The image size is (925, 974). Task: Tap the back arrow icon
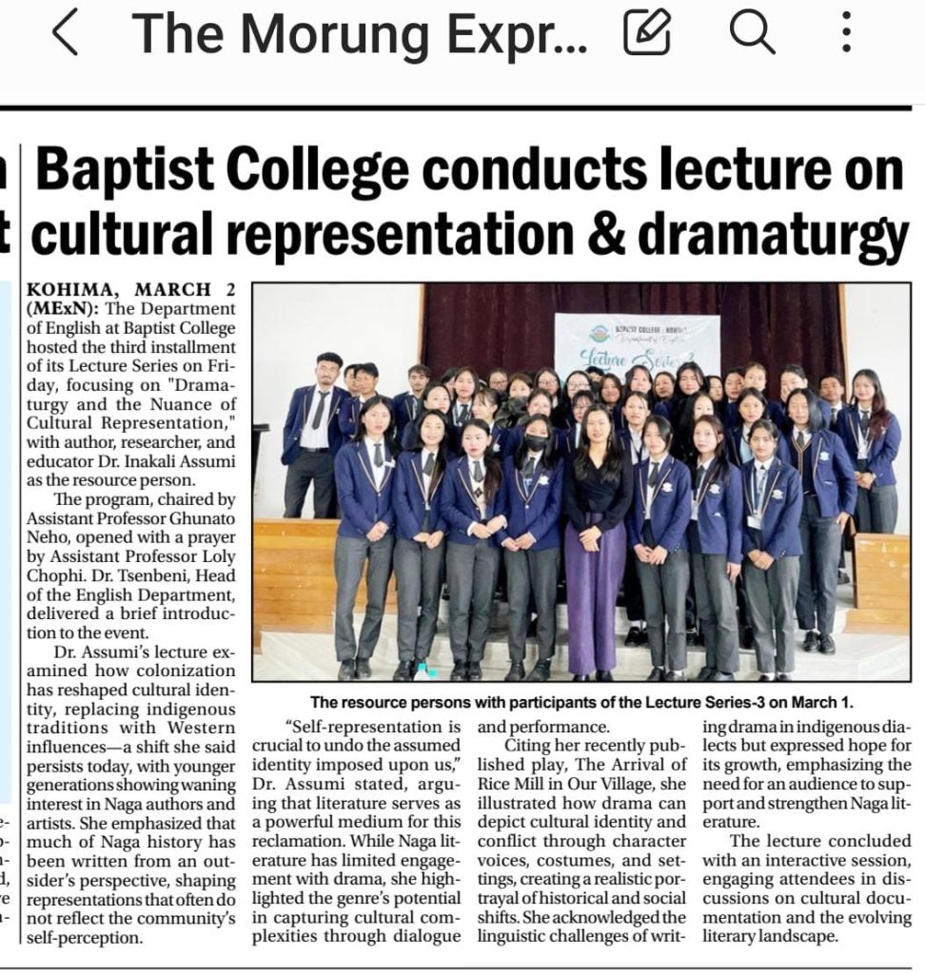(x=66, y=34)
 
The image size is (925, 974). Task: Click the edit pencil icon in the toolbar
(x=647, y=34)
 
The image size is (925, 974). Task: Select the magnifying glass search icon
(x=752, y=34)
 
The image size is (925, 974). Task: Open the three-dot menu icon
(x=846, y=34)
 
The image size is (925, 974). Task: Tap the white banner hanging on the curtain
(x=637, y=342)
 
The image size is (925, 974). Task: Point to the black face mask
(x=534, y=443)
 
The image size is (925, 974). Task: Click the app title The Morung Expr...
(x=362, y=34)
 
